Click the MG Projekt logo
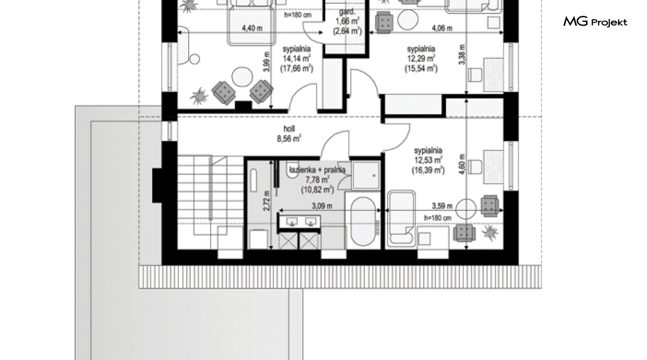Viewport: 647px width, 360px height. tap(595, 22)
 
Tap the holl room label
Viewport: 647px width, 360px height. tap(289, 129)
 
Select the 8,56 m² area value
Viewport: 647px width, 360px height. tap(289, 139)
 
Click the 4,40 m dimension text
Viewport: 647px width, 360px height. tap(252, 28)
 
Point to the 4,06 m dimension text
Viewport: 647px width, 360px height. tap(442, 28)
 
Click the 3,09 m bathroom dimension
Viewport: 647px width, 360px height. tap(322, 206)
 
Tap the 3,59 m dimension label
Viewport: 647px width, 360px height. tap(442, 206)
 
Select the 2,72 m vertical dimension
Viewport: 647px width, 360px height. tap(267, 201)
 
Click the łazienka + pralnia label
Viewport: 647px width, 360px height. tap(317, 170)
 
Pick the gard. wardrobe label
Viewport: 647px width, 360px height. tap(347, 12)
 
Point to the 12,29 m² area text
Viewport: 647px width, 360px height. tap(421, 59)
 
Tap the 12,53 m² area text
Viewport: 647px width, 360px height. tap(428, 160)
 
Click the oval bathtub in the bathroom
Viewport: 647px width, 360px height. tap(363, 222)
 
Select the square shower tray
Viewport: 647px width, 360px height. tap(366, 175)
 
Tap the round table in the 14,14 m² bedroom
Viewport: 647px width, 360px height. tap(242, 77)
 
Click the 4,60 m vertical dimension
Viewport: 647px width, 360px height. tap(462, 164)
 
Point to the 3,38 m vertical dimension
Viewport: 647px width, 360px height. tap(462, 54)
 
